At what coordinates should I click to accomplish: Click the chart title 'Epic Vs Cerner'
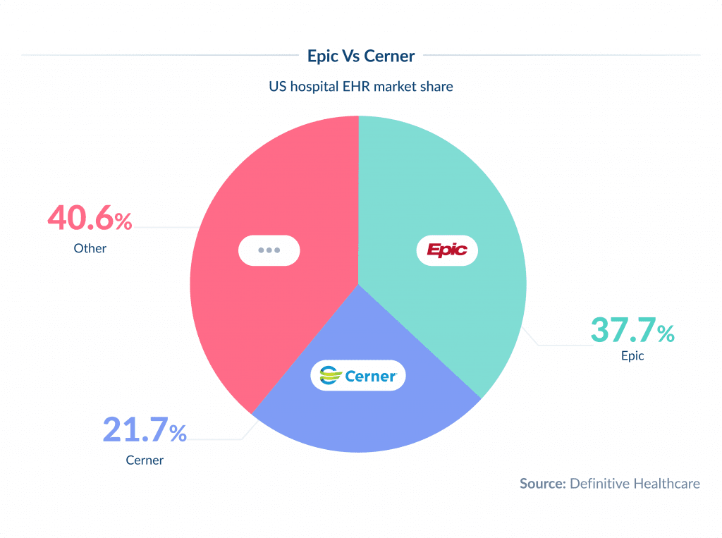click(361, 55)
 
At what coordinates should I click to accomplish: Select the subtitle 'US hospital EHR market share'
click(361, 87)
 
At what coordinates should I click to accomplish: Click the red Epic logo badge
click(447, 250)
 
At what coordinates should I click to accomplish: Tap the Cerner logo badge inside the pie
click(358, 376)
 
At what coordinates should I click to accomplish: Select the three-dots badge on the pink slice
click(269, 250)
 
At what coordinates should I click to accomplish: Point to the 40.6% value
click(90, 219)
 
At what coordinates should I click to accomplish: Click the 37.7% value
click(632, 330)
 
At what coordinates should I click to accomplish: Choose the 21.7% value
click(145, 430)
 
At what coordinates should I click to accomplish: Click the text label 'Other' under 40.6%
click(90, 248)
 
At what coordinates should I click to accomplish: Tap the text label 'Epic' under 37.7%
click(632, 356)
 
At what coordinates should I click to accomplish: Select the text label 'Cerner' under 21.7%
click(145, 460)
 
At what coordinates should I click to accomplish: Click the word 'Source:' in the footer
click(542, 484)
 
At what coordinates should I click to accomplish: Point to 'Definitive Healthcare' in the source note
click(635, 484)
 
